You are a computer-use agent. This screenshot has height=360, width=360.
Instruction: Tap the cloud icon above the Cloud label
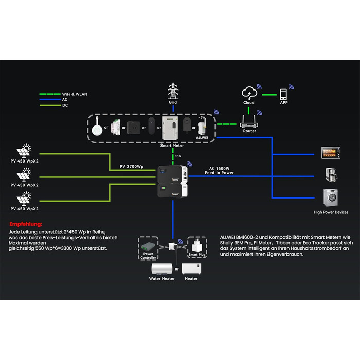point(249,93)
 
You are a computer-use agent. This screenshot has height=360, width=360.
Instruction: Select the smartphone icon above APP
point(283,94)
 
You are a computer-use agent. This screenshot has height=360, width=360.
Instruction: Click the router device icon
point(249,122)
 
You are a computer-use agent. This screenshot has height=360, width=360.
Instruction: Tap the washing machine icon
point(330,197)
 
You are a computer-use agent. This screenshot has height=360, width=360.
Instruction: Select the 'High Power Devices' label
point(331,212)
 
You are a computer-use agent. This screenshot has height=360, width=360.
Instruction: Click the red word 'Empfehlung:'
point(26,224)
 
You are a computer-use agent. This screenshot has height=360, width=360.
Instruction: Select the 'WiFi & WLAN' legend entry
point(73,94)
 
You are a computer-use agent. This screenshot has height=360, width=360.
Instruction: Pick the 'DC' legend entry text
point(64,105)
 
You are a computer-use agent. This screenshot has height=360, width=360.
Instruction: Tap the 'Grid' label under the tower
point(173,102)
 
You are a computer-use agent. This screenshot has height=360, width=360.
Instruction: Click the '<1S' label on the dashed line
point(177,156)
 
